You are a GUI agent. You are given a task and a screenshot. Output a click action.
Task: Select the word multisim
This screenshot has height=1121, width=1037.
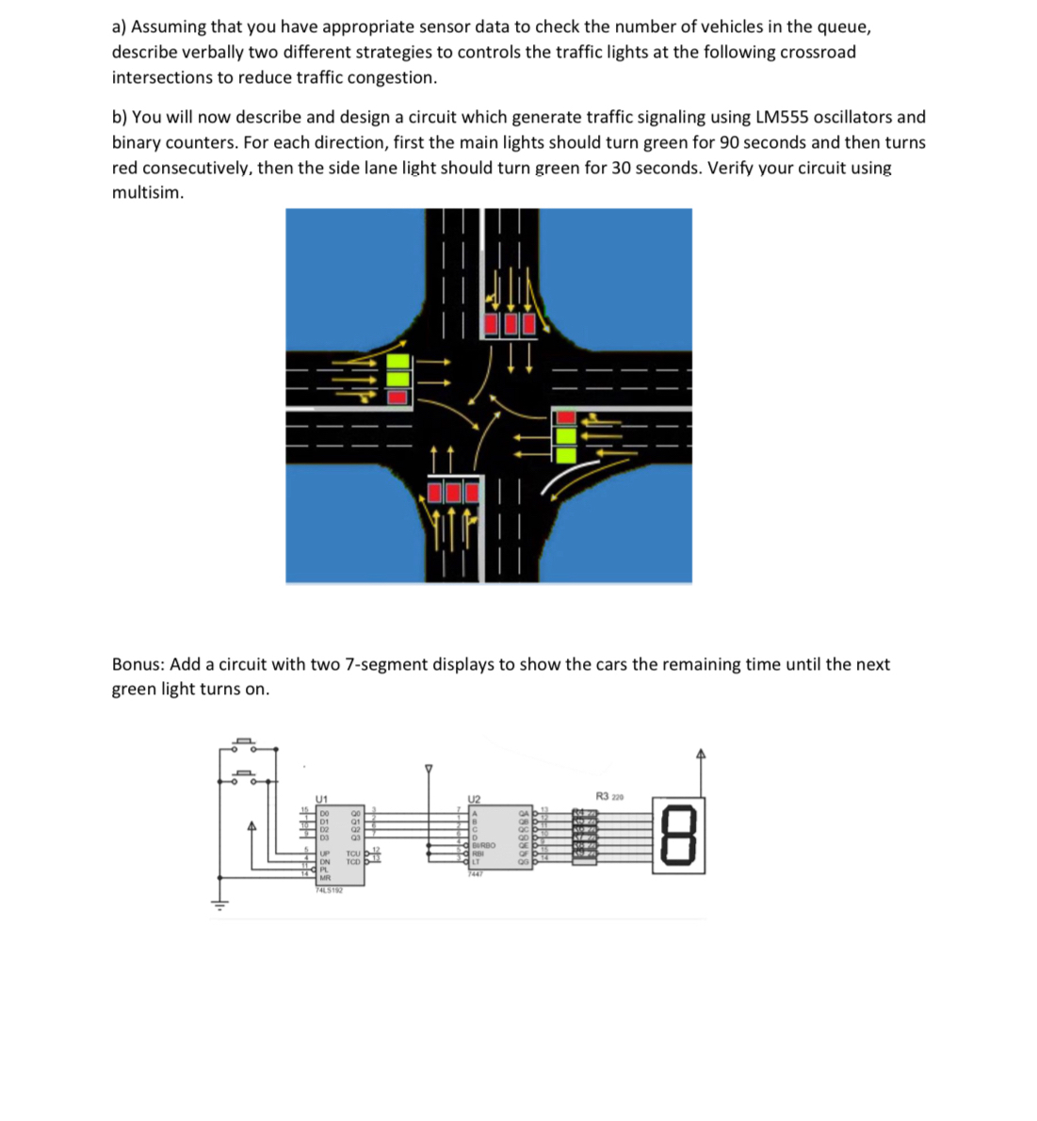tap(148, 193)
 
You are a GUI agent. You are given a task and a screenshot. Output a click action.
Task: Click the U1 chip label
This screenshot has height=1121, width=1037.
tap(322, 798)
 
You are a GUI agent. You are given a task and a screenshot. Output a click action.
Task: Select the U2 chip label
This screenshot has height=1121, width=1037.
tap(474, 798)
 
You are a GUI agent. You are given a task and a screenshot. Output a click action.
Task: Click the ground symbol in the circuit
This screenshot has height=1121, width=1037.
tap(221, 906)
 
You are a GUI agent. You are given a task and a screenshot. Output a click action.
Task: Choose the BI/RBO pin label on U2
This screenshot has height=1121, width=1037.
tap(481, 846)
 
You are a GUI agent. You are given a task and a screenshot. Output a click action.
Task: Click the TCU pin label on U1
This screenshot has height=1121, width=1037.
tap(354, 852)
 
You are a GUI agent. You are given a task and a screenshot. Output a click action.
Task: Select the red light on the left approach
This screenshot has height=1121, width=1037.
tap(398, 396)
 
